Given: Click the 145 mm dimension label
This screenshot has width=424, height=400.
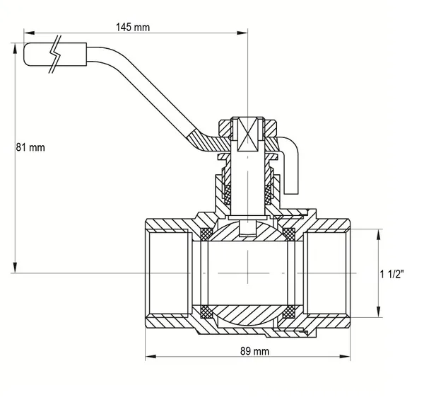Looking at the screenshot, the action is click(x=133, y=27).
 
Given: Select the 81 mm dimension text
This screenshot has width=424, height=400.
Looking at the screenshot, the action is click(x=30, y=147).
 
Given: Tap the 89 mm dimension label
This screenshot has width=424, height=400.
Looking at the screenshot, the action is click(x=254, y=351).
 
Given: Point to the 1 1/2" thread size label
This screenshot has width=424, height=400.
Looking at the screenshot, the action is click(x=391, y=275).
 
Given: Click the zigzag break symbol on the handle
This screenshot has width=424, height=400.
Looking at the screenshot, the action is click(x=55, y=55).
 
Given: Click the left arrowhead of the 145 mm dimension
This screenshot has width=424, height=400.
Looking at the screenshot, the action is click(x=29, y=33).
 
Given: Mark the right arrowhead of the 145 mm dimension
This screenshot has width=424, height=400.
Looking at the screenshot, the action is click(x=242, y=33).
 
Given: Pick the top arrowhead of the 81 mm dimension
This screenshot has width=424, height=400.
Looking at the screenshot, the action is click(x=15, y=48).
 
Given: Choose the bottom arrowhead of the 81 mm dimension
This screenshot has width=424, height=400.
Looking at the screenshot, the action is click(x=15, y=268).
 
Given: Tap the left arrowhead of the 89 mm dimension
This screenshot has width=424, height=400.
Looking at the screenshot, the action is click(x=151, y=356).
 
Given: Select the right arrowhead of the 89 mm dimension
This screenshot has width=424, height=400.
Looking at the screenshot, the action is click(x=345, y=356).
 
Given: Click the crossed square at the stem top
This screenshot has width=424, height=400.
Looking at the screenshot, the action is click(x=248, y=135).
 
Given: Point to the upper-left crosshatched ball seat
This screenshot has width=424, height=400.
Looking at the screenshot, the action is click(x=206, y=234).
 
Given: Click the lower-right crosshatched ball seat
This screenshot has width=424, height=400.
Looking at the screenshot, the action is click(x=289, y=312).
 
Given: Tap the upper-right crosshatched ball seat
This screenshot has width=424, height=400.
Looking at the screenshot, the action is click(x=289, y=234).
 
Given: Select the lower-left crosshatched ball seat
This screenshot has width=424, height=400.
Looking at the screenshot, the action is click(x=206, y=312).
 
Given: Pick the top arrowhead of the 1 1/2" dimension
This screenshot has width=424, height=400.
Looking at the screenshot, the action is click(x=379, y=234).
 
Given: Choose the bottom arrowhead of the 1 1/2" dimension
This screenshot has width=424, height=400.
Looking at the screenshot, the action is click(x=379, y=312).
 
